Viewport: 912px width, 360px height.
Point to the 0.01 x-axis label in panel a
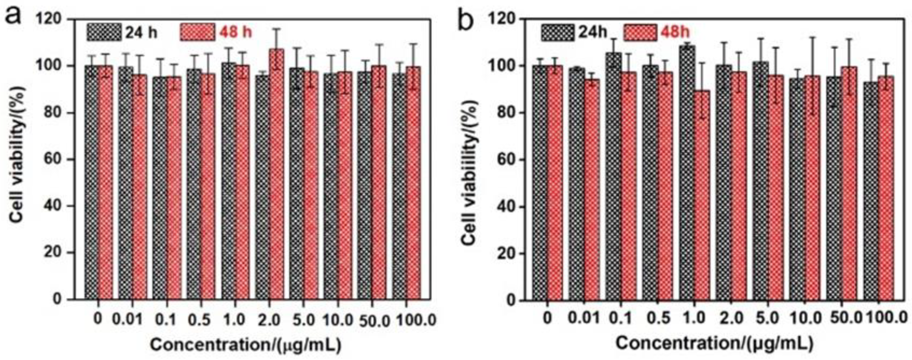[127, 320]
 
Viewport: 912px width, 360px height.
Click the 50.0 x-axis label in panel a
[373, 320]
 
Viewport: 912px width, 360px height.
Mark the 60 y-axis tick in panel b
[506, 160]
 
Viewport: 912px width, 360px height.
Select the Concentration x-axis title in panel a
[245, 345]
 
